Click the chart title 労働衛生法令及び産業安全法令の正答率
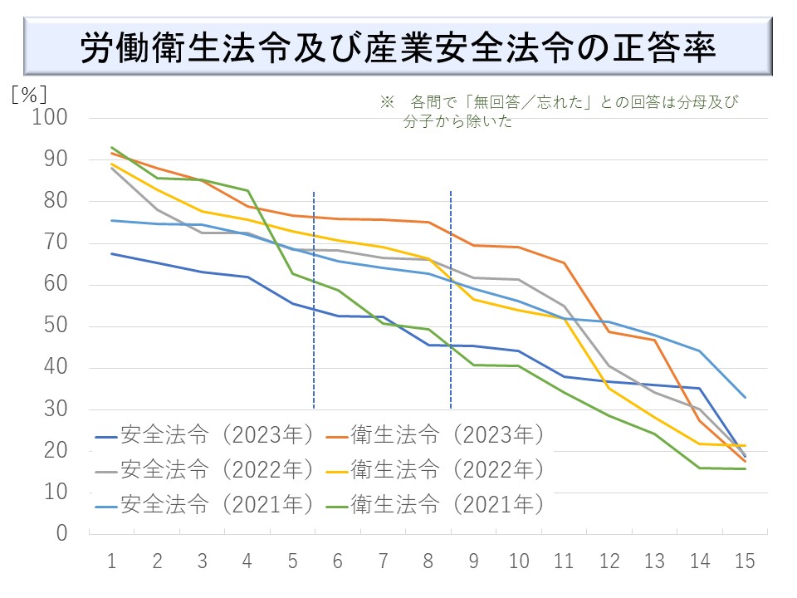click(398, 48)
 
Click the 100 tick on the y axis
click(50, 119)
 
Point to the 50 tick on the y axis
click(56, 326)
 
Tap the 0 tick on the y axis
click(61, 534)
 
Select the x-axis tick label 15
click(745, 561)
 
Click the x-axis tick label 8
click(428, 561)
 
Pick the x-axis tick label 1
click(111, 561)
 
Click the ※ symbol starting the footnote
click(386, 102)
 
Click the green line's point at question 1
click(111, 148)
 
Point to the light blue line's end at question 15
click(745, 397)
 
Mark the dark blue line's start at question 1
click(111, 253)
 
